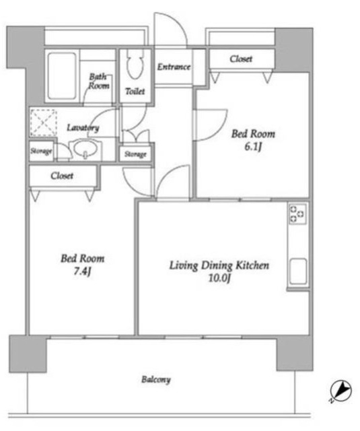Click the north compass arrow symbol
(x=340, y=391)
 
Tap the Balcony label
(x=156, y=380)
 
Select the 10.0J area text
(x=219, y=278)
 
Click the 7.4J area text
(x=82, y=272)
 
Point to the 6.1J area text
(x=253, y=147)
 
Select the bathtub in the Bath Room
(x=62, y=76)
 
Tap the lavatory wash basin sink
(x=85, y=149)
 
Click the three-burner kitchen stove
(x=297, y=213)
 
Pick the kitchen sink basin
(x=297, y=271)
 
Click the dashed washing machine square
(x=44, y=123)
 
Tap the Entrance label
(x=174, y=67)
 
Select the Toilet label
(x=135, y=92)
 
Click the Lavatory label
(x=83, y=127)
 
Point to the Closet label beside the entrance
(x=241, y=59)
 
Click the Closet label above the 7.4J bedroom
(x=62, y=176)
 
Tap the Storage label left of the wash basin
(x=41, y=151)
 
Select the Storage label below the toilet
(x=135, y=154)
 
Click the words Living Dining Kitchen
(x=219, y=265)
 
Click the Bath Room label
(x=99, y=81)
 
